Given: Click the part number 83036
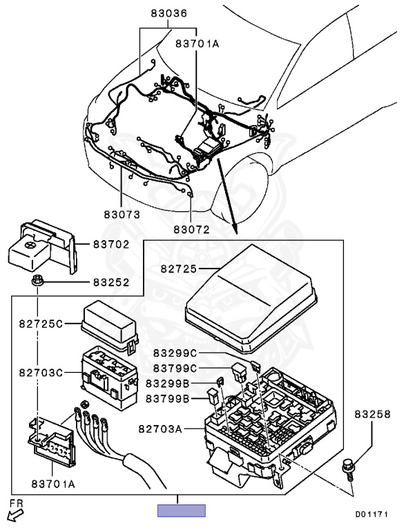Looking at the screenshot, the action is coord(169,13).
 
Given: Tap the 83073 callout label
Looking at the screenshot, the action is coord(122,215).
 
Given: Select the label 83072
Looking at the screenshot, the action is coord(192,229).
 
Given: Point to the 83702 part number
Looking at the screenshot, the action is coord(111,244).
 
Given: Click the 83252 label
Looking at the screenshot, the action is coord(111,282).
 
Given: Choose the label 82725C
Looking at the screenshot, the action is coord(41,324).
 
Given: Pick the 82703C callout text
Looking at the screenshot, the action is coord(41,373).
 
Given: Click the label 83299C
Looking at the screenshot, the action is coord(175,353).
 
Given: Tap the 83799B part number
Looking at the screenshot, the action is coord(168,399).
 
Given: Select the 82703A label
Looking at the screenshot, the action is coord(160,429).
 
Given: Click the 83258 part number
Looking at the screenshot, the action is coord(372,414).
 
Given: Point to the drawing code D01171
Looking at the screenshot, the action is coord(371,514).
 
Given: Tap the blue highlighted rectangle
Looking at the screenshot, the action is coord(182,511).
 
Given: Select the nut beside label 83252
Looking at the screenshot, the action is coord(37,281).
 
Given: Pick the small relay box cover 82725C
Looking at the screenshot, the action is coord(110,326).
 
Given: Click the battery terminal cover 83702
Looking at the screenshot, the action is coord(42,246).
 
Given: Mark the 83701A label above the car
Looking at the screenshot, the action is coord(197,43).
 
